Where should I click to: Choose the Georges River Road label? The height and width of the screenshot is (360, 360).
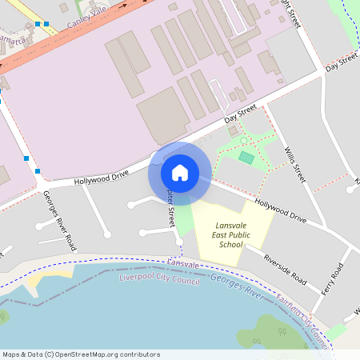click(x=60, y=221)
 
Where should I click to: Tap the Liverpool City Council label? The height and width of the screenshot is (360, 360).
click(x=158, y=279)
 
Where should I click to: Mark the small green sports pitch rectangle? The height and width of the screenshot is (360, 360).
click(x=246, y=158)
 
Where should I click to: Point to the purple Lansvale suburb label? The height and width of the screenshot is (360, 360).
click(x=183, y=264)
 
